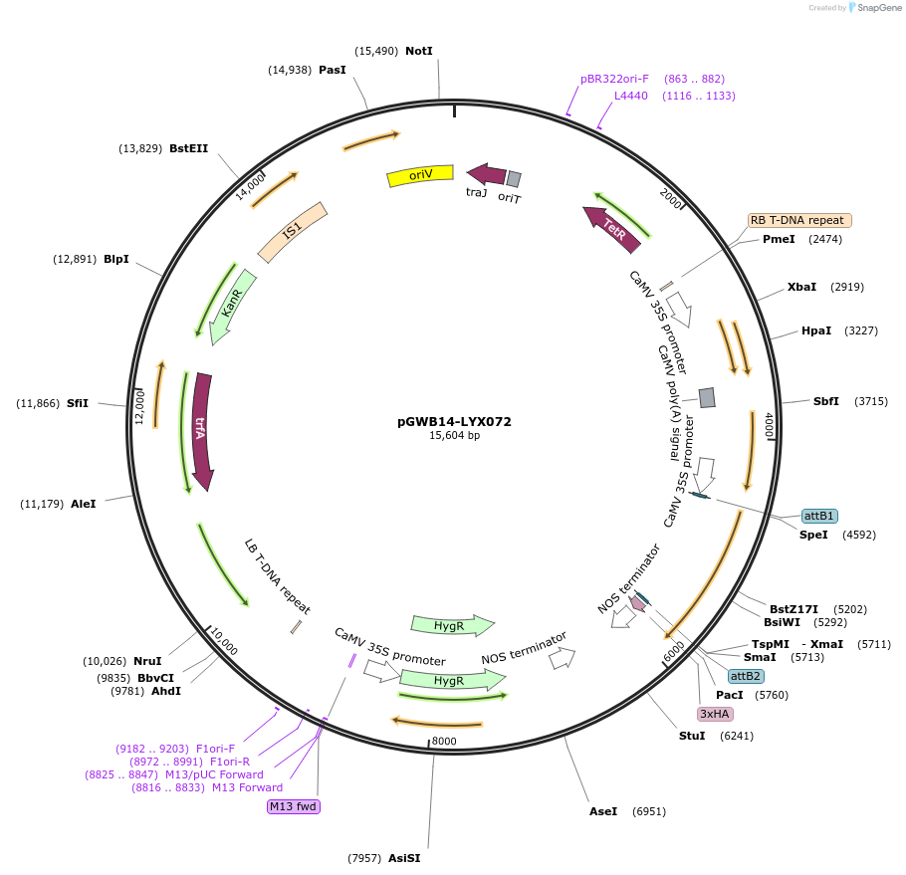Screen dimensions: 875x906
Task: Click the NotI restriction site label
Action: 419,51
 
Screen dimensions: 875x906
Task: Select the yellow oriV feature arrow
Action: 420,175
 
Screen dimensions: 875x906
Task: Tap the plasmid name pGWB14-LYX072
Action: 454,421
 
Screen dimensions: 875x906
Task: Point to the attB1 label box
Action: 819,516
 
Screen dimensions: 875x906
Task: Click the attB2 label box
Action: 746,676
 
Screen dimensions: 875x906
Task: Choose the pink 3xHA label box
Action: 715,714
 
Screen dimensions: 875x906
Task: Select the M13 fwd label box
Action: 294,806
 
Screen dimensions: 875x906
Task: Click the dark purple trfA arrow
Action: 201,430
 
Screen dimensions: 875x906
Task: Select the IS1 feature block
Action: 292,231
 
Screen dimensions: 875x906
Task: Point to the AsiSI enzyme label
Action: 404,858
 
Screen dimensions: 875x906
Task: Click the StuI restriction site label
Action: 692,736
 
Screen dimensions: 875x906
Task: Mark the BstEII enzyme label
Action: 189,148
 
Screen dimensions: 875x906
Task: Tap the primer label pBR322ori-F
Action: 614,79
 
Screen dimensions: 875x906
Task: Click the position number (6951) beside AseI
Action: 649,811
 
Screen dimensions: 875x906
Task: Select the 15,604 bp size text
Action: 454,436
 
